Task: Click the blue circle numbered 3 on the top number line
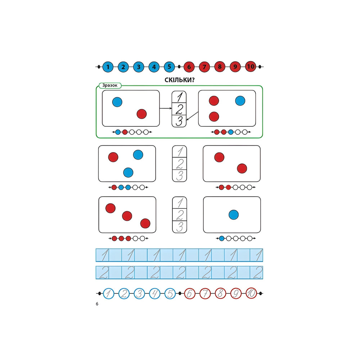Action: pyautogui.click(x=139, y=67)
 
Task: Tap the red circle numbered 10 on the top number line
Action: pyautogui.click(x=251, y=67)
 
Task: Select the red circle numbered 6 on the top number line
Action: pyautogui.click(x=189, y=67)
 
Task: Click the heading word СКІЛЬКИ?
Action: pyautogui.click(x=179, y=80)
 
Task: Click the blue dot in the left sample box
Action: pyautogui.click(x=117, y=102)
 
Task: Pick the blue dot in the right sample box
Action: pyautogui.click(x=240, y=101)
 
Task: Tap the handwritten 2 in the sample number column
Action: pyautogui.click(x=180, y=109)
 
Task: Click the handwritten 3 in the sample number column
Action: pyautogui.click(x=179, y=121)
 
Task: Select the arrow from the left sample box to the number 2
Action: pyautogui.click(x=166, y=108)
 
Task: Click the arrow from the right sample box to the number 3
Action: pyautogui.click(x=193, y=117)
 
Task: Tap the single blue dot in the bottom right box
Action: pyautogui.click(x=234, y=215)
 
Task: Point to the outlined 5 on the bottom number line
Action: pyautogui.click(x=170, y=294)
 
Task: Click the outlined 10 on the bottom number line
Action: pyautogui.click(x=251, y=294)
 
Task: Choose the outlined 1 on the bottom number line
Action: pyautogui.click(x=108, y=294)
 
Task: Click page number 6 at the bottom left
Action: pyautogui.click(x=97, y=304)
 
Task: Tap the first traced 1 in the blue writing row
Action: pyautogui.click(x=104, y=255)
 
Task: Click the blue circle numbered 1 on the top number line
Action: pyautogui.click(x=108, y=67)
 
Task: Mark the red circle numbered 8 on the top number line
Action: pyautogui.click(x=220, y=67)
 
